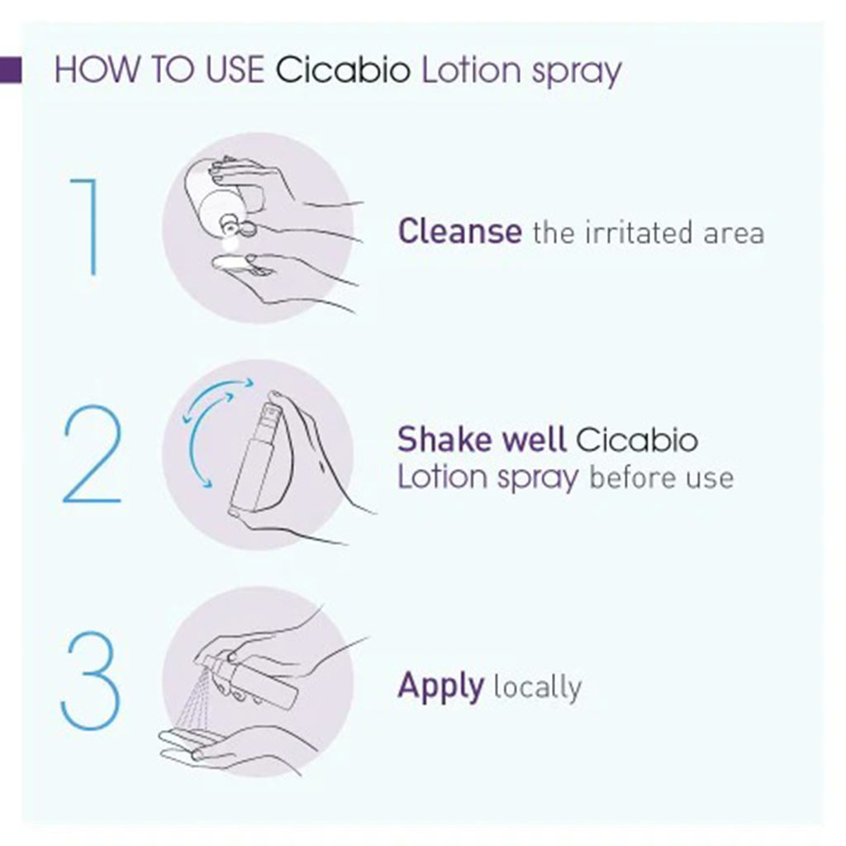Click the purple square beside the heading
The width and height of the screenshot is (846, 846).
pyautogui.click(x=10, y=70)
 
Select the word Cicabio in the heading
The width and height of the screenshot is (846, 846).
pyautogui.click(x=343, y=70)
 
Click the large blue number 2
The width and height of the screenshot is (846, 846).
pyautogui.click(x=92, y=455)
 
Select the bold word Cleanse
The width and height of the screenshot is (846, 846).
pyautogui.click(x=459, y=231)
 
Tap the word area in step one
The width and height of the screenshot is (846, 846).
pyautogui.click(x=734, y=235)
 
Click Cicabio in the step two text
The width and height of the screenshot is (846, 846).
pyautogui.click(x=636, y=440)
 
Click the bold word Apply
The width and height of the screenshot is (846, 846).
pyautogui.click(x=440, y=687)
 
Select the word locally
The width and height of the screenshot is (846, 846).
pyautogui.click(x=537, y=687)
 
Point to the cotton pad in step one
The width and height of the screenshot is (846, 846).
pyautogui.click(x=236, y=263)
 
